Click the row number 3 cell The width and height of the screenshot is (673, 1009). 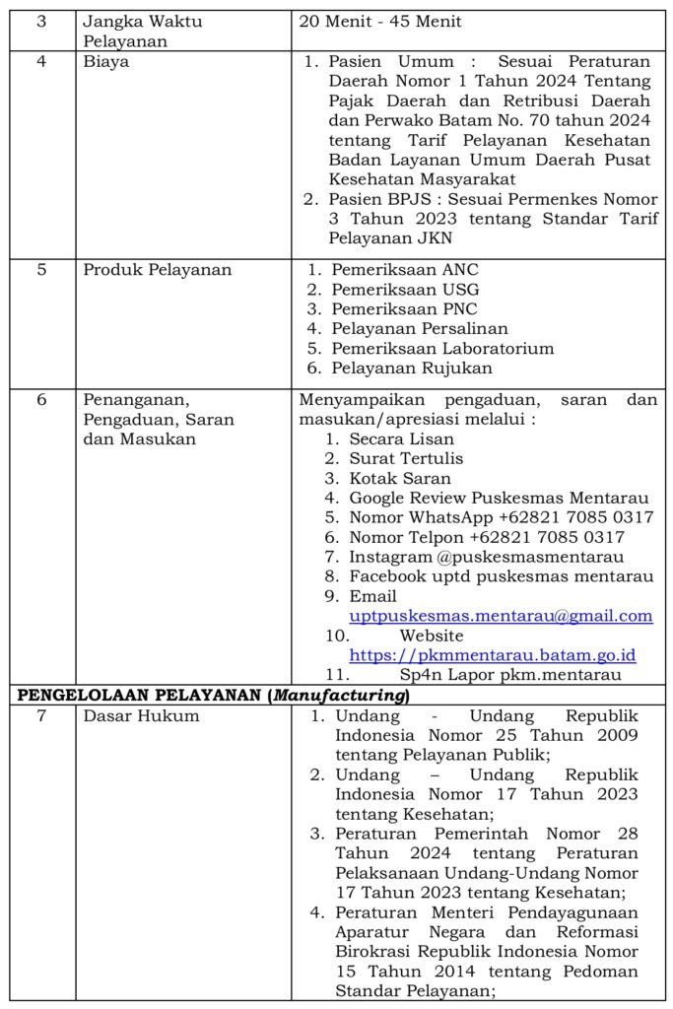pos(41,22)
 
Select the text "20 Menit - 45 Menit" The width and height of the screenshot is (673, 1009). pos(379,22)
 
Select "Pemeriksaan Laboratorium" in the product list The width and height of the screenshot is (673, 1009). pos(442,348)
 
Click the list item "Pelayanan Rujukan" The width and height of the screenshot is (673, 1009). pos(412,368)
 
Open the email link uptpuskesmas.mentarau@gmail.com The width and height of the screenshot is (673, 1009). pos(501,616)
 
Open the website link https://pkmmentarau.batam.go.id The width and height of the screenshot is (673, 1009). pos(493,655)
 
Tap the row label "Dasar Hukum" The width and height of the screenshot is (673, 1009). pos(141,715)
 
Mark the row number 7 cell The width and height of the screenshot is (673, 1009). pos(41,715)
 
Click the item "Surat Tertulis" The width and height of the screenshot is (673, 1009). pos(406,458)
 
